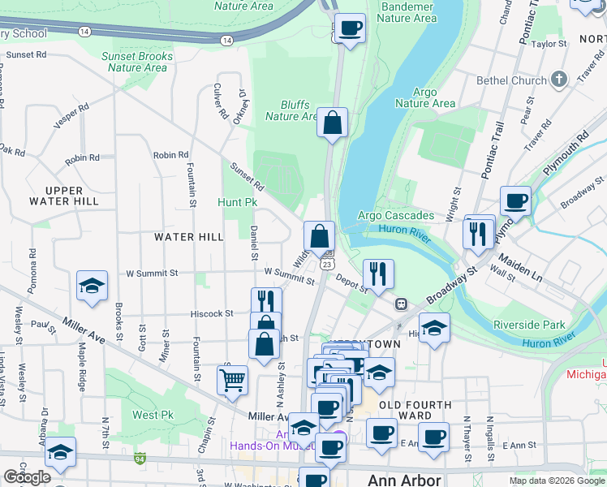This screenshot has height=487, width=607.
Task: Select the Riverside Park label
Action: pos(529,325)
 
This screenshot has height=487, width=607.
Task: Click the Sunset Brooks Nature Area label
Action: pos(137,62)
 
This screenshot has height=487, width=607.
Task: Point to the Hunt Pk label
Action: pos(237,201)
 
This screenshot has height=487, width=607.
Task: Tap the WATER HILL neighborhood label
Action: pos(188,236)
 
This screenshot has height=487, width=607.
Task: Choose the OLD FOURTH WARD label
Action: pos(411,410)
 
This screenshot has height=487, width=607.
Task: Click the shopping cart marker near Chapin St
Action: pos(233,379)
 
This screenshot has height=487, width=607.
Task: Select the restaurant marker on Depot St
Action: pos(378,273)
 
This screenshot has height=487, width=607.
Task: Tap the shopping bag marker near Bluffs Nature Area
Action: pos(332,123)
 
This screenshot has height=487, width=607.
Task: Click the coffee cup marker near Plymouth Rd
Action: pos(515,200)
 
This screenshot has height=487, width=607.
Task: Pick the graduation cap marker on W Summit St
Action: pos(93,286)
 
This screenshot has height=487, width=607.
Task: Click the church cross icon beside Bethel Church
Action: pos(558,80)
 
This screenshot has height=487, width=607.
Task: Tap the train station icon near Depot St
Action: pos(401,304)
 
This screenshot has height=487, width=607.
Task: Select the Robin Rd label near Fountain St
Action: pos(170,155)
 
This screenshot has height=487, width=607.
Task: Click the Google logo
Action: pos(27,477)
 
